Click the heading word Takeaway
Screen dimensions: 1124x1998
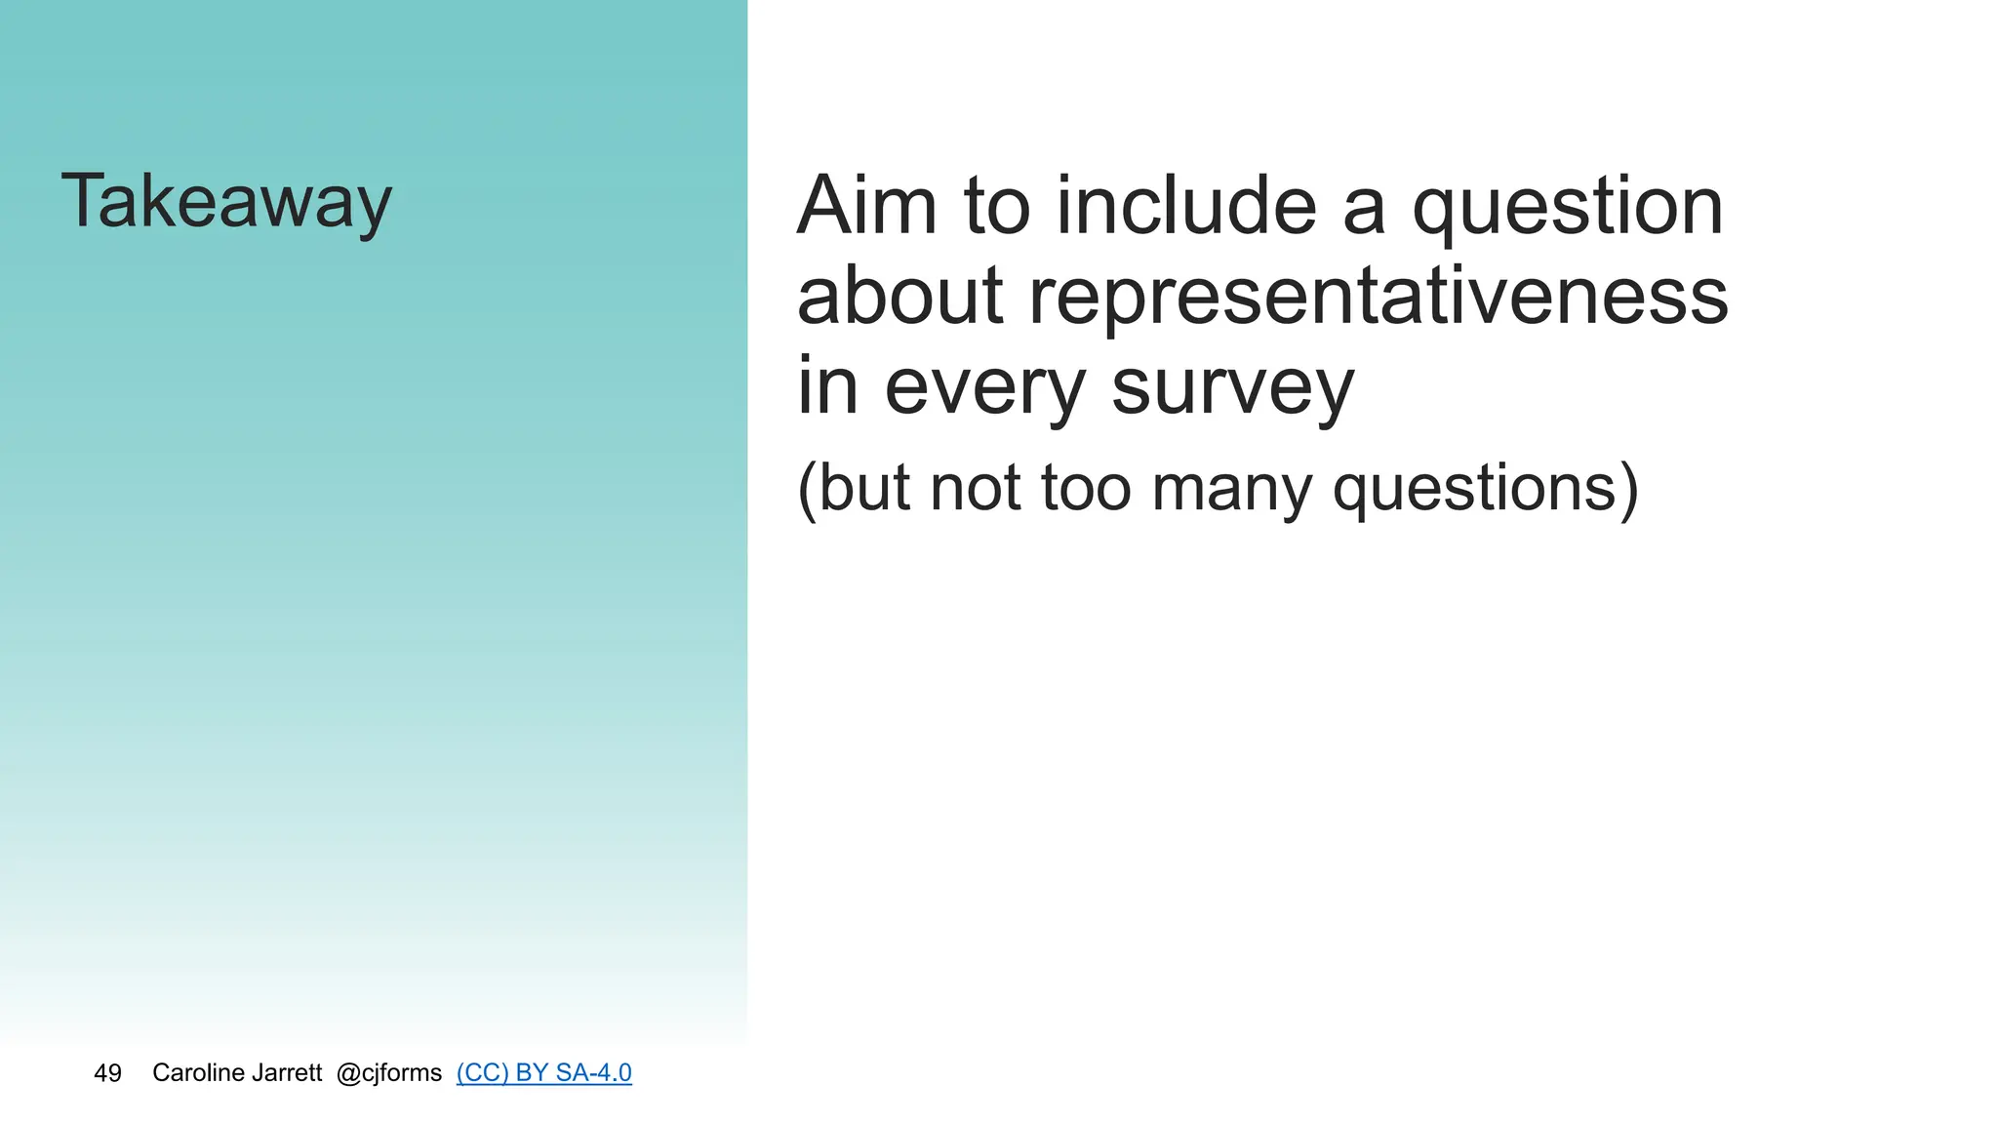226,202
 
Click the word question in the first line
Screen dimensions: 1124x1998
1568,209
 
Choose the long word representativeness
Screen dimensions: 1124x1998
1379,298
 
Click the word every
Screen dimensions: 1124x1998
984,388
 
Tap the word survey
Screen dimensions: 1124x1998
1233,388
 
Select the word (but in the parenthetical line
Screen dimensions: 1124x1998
853,488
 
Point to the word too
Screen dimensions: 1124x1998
1085,488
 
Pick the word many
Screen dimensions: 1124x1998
1231,490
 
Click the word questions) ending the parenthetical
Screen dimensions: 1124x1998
1485,490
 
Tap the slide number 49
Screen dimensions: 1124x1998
107,1073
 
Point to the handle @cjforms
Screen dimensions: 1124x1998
388,1073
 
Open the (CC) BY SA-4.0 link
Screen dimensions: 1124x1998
543,1073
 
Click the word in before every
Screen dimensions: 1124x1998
827,386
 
